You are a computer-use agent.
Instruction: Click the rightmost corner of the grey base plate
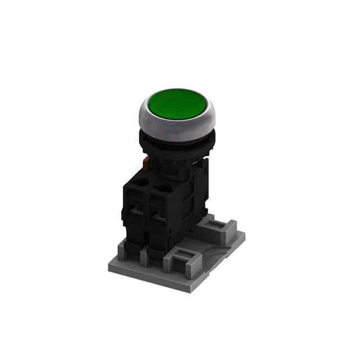(x=245, y=237)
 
